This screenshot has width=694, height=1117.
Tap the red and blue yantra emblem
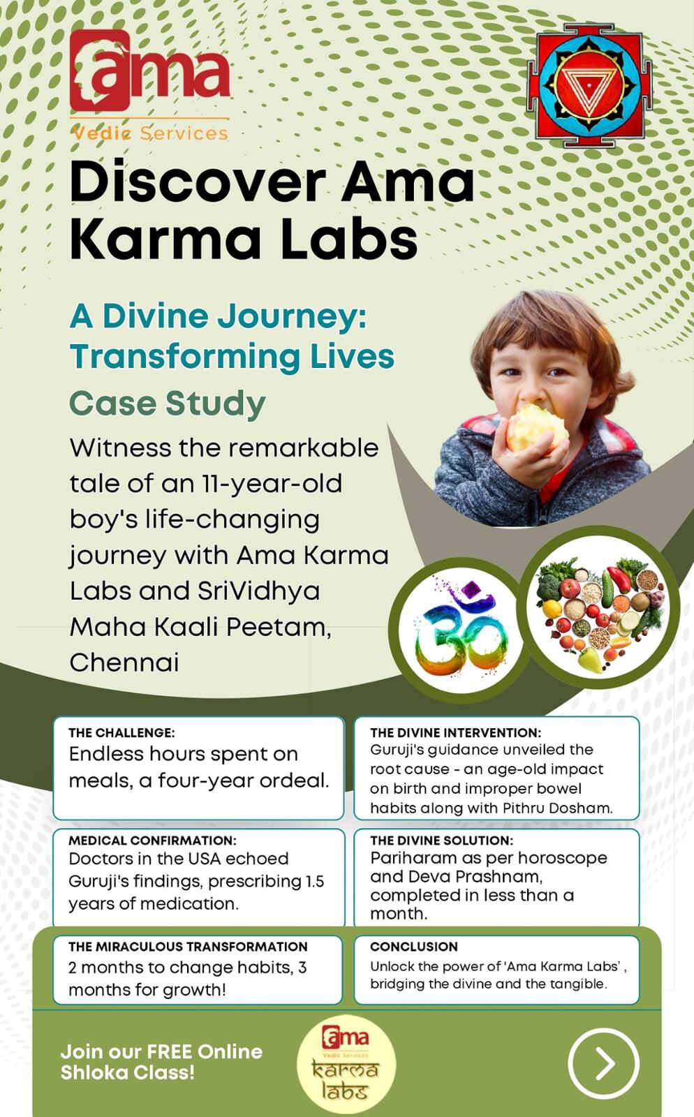(x=589, y=85)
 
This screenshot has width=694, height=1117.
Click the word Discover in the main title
(x=198, y=182)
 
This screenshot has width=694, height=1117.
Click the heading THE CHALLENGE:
(x=121, y=732)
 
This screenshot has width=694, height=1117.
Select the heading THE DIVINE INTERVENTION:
(x=455, y=732)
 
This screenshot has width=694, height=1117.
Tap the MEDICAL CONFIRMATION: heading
(x=153, y=841)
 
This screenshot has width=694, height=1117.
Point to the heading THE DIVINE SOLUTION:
(x=441, y=841)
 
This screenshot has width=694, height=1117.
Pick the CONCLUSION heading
(x=414, y=947)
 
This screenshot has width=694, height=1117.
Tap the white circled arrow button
(x=603, y=1063)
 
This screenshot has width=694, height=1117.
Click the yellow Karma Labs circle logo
(x=346, y=1064)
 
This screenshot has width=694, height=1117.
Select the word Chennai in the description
(x=124, y=663)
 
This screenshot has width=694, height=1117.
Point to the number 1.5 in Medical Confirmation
(x=315, y=881)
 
